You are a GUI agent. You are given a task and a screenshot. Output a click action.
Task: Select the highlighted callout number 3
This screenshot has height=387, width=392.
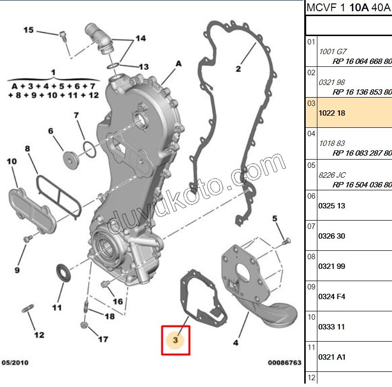pos(176,339)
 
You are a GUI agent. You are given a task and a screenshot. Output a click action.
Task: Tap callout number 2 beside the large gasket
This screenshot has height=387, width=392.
pos(238,69)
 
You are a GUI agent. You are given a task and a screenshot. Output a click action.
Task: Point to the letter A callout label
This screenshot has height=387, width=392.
pos(178,63)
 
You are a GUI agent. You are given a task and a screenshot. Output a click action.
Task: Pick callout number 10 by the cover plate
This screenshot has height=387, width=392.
pos(11,161)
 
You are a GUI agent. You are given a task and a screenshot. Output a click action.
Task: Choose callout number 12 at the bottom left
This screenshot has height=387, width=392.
pos(39,335)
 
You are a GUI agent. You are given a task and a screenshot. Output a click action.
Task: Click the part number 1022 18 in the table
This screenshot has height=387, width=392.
pos(332,113)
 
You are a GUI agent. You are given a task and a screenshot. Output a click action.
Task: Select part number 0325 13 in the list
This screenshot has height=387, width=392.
pos(332,205)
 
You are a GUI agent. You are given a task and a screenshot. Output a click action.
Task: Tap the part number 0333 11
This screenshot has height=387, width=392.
pos(332,326)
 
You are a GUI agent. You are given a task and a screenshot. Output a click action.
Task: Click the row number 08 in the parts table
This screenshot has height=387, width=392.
pos(311,256)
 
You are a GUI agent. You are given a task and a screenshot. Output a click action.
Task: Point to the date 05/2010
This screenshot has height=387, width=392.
pos(14,363)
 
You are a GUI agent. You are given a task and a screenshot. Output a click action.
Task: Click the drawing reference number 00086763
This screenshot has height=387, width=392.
pos(284,363)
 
